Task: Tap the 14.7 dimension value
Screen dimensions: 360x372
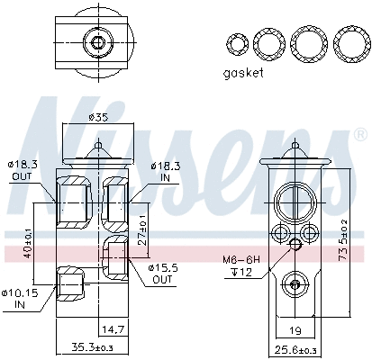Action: [x=113, y=330]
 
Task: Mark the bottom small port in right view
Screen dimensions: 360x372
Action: [x=292, y=284]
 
